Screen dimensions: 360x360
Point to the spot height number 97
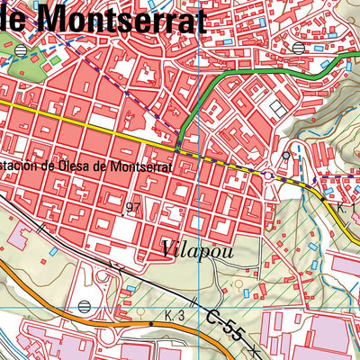coord(134,208)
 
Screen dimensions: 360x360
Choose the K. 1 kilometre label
coord(347,208)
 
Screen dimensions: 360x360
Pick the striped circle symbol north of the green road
coord(298,47)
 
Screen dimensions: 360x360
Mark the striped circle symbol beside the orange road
coord(84,307)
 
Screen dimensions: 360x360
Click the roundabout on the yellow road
coord(269,175)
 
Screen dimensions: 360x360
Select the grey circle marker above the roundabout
coord(286,155)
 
